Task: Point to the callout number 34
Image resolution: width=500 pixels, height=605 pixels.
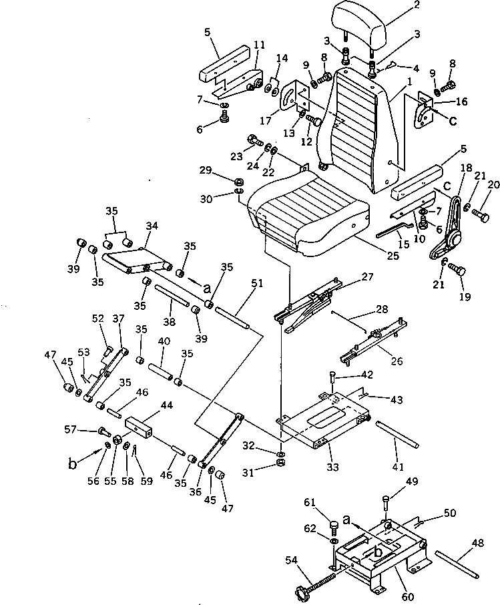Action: coord(151,226)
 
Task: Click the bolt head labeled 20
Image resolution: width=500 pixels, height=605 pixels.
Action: coord(482,215)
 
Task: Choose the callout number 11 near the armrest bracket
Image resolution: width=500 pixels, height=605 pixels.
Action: coord(259,45)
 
